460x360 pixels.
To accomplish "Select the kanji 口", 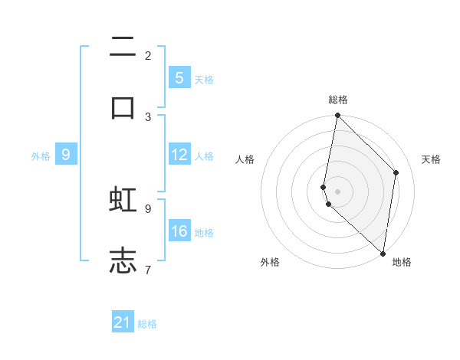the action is pyautogui.click(x=123, y=107).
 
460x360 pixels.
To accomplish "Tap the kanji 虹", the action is pyautogui.click(x=123, y=199).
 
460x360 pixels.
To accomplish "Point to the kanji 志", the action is pyautogui.click(x=123, y=260).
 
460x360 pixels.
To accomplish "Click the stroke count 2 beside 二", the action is pyautogui.click(x=148, y=55).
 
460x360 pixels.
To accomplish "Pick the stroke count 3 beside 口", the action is pyautogui.click(x=148, y=116).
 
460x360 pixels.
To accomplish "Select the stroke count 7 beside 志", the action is pyautogui.click(x=148, y=270).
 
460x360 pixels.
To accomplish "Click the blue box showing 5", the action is pyautogui.click(x=179, y=77).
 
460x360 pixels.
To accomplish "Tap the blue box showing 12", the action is pyautogui.click(x=179, y=155).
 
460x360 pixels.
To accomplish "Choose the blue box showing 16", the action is pyautogui.click(x=179, y=231).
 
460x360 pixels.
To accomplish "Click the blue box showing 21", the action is pyautogui.click(x=123, y=322).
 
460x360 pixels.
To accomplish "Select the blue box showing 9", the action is pyautogui.click(x=66, y=155).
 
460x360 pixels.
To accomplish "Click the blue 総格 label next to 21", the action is pyautogui.click(x=147, y=324).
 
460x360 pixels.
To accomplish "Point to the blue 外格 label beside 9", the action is pyautogui.click(x=41, y=156).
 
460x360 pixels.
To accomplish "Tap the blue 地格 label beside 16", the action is pyautogui.click(x=204, y=233).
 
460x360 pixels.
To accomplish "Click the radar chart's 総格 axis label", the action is pyautogui.click(x=337, y=100).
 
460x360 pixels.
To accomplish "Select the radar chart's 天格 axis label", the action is pyautogui.click(x=431, y=159).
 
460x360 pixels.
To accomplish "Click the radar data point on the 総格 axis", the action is pyautogui.click(x=337, y=115).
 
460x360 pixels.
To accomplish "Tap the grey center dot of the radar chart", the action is pyautogui.click(x=337, y=191).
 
